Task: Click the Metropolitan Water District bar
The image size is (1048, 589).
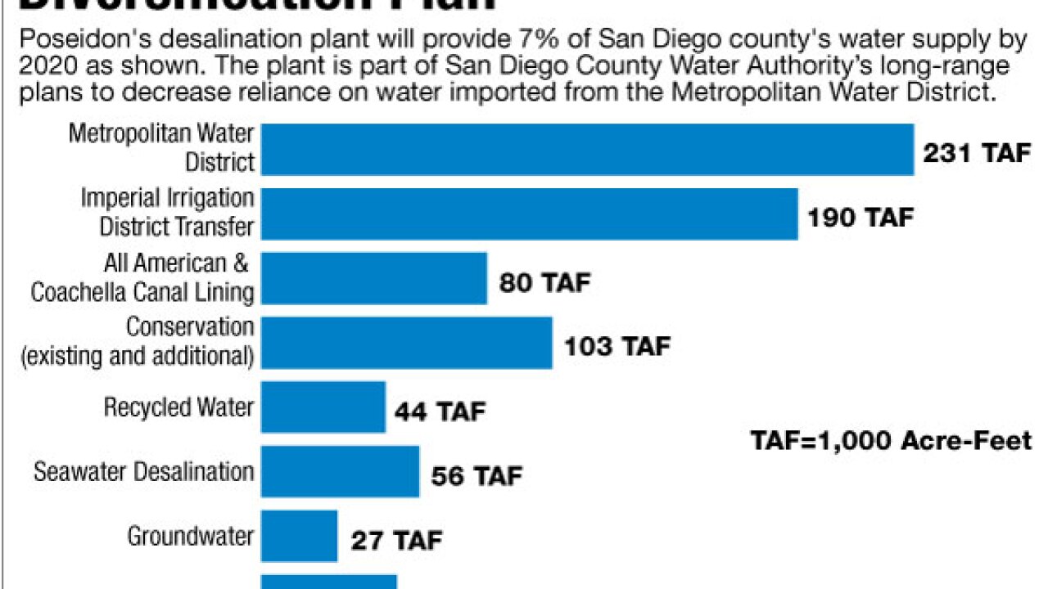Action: coord(587,150)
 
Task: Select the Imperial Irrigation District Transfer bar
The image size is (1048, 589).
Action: coord(529,214)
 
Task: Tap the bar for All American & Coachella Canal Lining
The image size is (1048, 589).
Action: coord(374,278)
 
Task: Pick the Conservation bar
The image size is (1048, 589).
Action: coord(406,343)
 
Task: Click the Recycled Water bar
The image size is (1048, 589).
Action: coord(323,407)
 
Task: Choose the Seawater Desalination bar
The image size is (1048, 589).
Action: coord(340,471)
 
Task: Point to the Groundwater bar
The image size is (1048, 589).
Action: coord(299,536)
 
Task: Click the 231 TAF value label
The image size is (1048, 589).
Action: coord(977,153)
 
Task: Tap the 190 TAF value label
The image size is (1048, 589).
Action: coord(860,218)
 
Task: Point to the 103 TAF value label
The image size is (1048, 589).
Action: coord(617,346)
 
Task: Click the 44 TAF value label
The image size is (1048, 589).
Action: coord(440,411)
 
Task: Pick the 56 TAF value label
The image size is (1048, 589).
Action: coord(475,475)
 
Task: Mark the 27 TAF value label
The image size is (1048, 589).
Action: coord(396,540)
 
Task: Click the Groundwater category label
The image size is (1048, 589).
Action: coord(190,537)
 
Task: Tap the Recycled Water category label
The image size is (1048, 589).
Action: coord(178,407)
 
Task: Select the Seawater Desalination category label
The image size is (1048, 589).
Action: coord(143,472)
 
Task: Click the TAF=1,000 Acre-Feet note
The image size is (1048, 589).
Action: coord(892,441)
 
